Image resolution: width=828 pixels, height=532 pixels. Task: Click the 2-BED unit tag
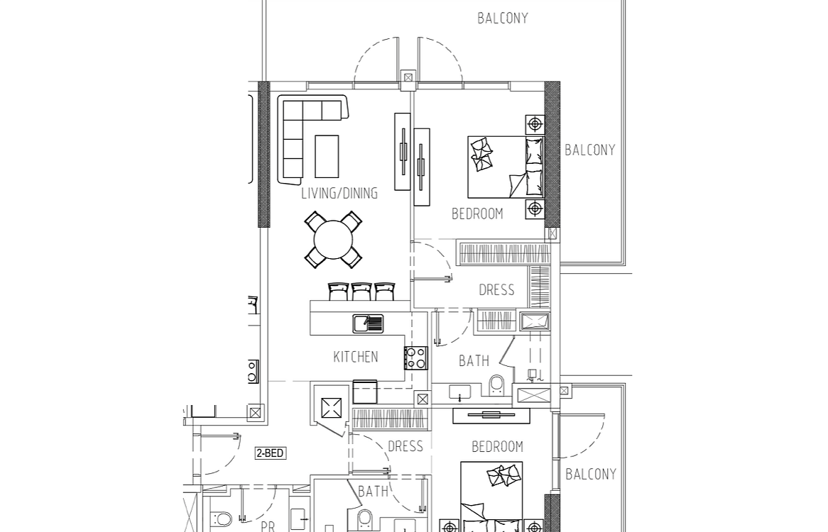271,453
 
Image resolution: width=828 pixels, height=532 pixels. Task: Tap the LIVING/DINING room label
339,193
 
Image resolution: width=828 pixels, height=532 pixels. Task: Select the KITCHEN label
356,357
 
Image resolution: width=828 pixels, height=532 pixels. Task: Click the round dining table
333,240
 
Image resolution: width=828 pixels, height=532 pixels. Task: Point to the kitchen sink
368,323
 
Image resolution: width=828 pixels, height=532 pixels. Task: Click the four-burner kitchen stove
416,358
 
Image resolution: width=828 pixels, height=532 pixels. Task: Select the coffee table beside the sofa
327,157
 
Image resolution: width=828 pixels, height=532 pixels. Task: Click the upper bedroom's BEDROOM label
477,214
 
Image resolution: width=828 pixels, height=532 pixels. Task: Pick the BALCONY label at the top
503,18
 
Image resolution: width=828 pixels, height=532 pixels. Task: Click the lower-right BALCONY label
591,474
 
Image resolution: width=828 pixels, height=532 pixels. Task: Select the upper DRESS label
496,289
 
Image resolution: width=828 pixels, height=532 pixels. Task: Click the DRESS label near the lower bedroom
405,447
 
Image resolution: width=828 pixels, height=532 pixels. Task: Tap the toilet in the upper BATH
497,385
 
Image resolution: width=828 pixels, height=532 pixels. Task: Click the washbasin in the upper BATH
460,392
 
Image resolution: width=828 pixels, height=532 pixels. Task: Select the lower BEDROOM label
497,447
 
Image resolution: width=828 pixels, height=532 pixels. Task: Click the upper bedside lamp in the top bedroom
535,124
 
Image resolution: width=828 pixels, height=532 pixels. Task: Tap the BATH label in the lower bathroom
374,492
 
